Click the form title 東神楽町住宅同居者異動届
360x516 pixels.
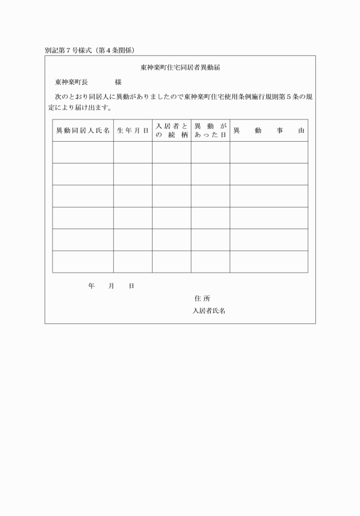(x=181, y=67)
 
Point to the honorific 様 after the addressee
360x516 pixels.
(x=118, y=82)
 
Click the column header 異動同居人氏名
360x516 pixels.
(x=83, y=131)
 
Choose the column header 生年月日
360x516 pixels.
(x=133, y=131)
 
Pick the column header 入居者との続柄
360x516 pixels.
(x=171, y=131)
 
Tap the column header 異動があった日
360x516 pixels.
(x=210, y=131)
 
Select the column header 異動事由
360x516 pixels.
(x=269, y=131)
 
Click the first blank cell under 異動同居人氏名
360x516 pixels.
(x=83, y=153)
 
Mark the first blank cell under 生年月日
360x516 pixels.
(x=133, y=153)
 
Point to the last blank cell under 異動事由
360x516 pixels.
(x=269, y=262)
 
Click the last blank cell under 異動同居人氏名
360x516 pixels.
(x=83, y=262)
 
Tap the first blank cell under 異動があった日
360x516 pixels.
(x=210, y=153)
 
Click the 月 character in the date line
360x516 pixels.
(x=111, y=286)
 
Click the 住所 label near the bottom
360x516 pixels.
(x=202, y=298)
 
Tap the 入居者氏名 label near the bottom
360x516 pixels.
(x=209, y=311)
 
